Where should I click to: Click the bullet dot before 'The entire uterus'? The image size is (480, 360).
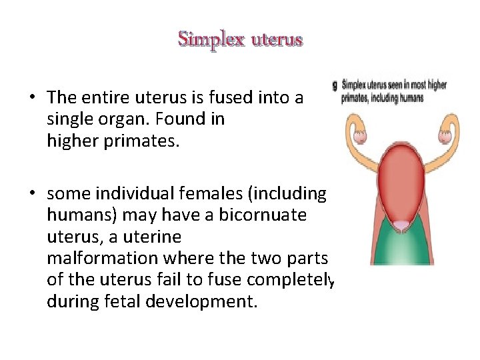[32, 97]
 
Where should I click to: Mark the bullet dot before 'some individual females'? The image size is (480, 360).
[32, 193]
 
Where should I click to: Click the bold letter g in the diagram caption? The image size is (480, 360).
[336, 85]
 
